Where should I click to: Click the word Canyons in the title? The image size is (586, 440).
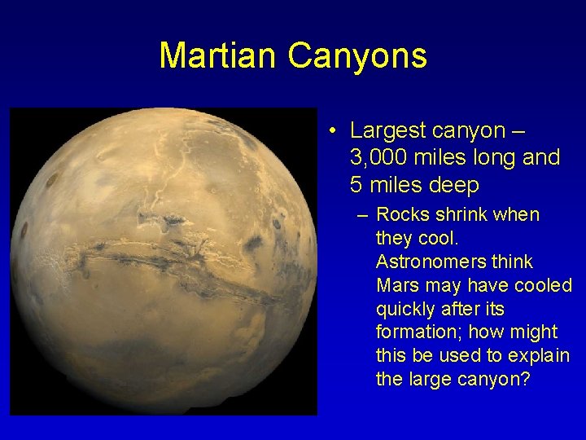pyautogui.click(x=356, y=55)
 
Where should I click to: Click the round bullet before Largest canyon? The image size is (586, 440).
pyautogui.click(x=335, y=131)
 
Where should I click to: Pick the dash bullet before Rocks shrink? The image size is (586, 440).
pyautogui.click(x=361, y=215)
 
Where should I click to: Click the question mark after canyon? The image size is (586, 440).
pyautogui.click(x=524, y=380)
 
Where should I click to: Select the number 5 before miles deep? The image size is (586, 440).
pyautogui.click(x=356, y=185)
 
